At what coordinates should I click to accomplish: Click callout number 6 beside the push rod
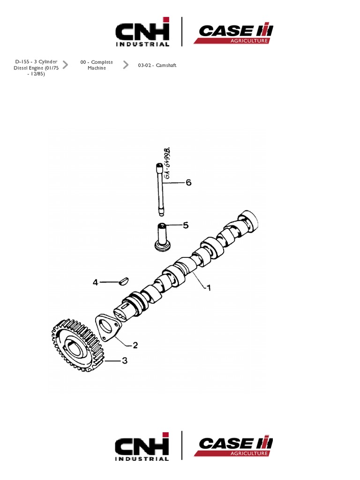(188, 183)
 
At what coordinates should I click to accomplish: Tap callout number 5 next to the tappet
(186, 225)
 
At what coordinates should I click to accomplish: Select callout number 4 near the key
(96, 282)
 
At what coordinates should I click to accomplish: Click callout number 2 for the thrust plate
(135, 345)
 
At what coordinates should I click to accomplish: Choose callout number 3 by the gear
(124, 360)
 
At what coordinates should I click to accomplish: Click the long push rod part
(161, 188)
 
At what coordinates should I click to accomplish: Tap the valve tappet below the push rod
(163, 237)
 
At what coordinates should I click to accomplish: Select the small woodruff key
(125, 281)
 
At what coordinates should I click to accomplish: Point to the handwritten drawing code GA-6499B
(165, 163)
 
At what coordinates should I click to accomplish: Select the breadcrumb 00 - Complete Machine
(97, 65)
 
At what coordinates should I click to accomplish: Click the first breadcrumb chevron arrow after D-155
(65, 65)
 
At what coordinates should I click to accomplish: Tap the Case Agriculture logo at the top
(233, 33)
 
